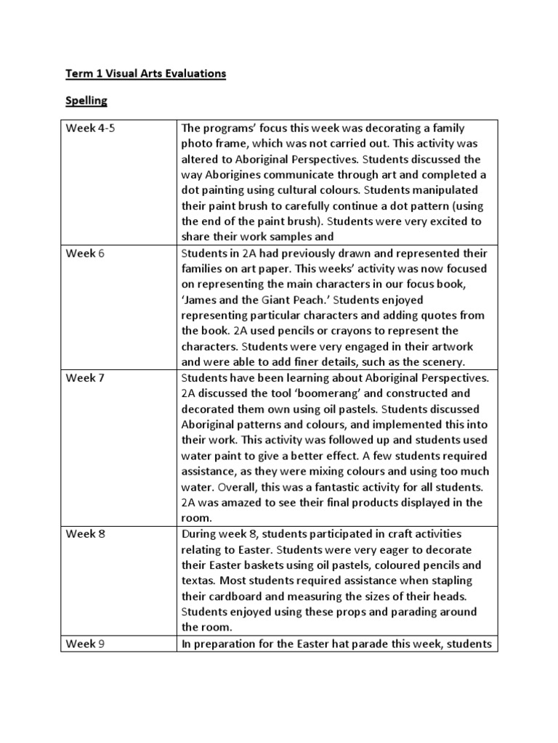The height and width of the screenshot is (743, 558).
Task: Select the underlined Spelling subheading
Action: pos(87,101)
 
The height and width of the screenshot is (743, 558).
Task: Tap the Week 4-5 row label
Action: pos(91,128)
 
